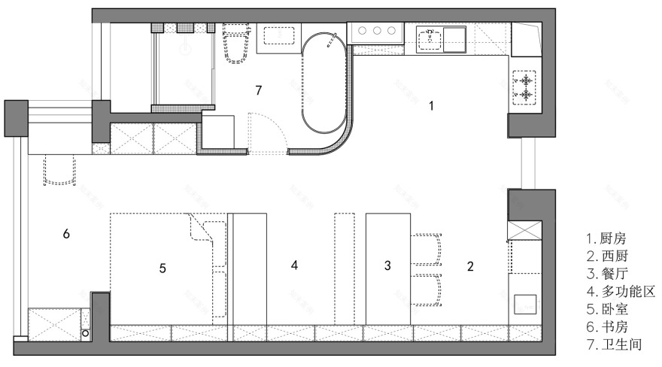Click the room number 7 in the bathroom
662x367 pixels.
(x=259, y=90)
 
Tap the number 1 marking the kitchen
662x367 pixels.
(x=431, y=105)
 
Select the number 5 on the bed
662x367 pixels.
(x=162, y=268)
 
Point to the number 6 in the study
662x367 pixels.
(x=66, y=234)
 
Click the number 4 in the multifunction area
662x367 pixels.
(x=294, y=265)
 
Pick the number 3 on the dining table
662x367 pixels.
(x=387, y=265)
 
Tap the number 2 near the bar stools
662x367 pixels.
(x=470, y=266)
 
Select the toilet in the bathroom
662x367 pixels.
(x=235, y=43)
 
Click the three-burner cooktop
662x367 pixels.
(x=376, y=32)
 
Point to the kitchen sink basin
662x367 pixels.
(x=430, y=39)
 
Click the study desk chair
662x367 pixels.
(x=59, y=169)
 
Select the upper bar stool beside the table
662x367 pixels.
(x=427, y=249)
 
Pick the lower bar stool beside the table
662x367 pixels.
(x=427, y=290)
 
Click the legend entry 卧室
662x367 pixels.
(x=607, y=309)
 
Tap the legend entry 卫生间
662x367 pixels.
(x=615, y=344)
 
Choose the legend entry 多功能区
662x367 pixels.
(x=621, y=291)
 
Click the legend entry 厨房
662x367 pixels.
(x=606, y=238)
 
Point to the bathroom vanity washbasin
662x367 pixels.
(x=278, y=35)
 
